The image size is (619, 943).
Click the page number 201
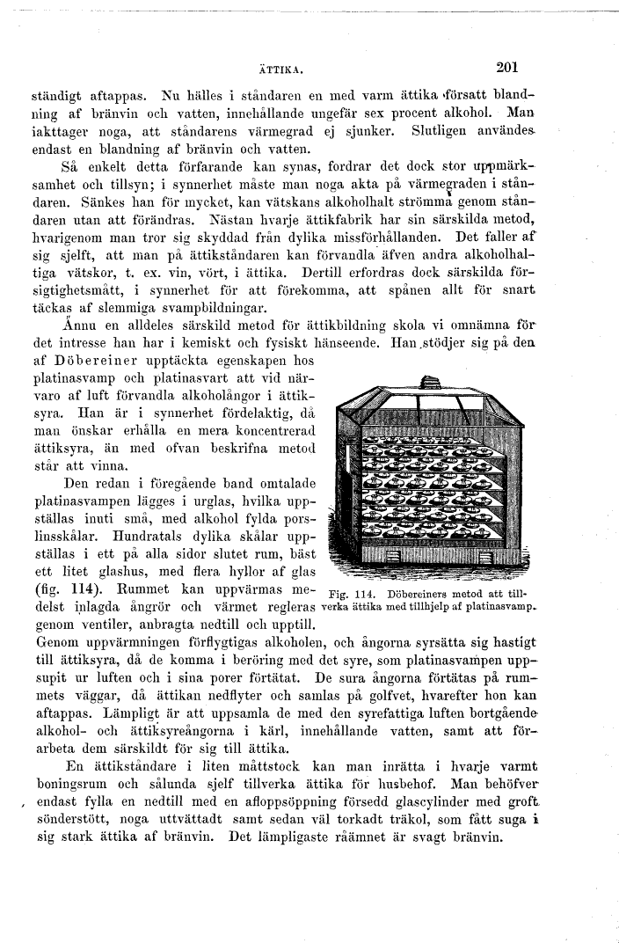click(510, 65)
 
